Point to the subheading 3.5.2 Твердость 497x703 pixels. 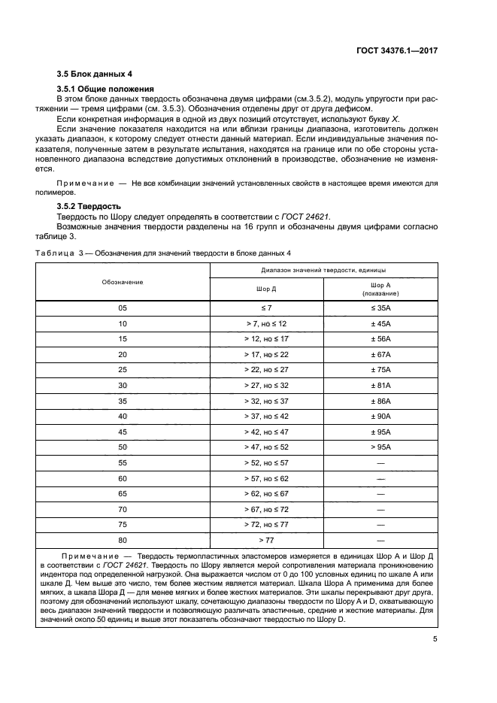89,205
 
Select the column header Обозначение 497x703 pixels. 123,281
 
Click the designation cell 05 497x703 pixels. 123,308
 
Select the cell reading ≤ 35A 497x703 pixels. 380,308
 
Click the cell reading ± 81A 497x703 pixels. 380,385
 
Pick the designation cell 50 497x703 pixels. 123,447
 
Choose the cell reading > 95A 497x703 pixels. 380,447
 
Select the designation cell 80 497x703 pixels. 123,540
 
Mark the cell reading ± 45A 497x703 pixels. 380,323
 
